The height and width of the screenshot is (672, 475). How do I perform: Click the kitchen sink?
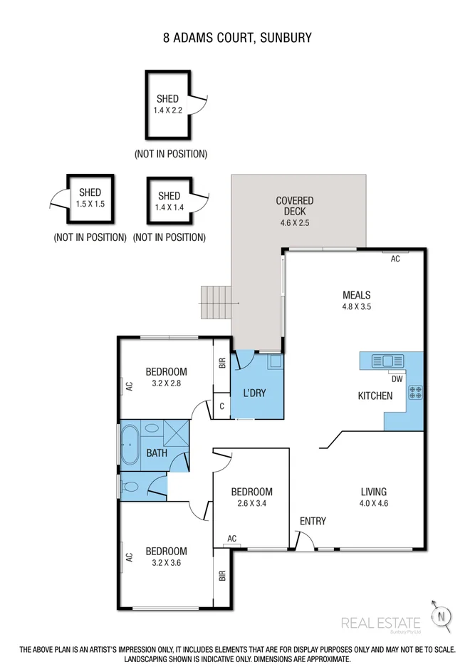(387, 361)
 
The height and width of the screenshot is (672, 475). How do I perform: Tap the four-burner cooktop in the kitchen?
(415, 393)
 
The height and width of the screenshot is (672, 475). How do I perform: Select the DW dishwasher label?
(397, 379)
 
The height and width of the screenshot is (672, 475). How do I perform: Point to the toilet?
(130, 487)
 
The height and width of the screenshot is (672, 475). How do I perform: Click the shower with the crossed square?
(176, 433)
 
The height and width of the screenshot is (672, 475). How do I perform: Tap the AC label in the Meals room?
(395, 259)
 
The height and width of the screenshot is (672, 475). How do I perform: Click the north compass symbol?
(442, 616)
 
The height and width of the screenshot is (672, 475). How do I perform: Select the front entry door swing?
(305, 539)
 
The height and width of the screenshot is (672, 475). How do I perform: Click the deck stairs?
(216, 303)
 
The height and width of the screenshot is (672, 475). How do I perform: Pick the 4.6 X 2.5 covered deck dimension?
(295, 223)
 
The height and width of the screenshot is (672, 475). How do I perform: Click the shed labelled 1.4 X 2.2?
(168, 105)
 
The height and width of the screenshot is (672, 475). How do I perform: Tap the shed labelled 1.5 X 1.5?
(90, 199)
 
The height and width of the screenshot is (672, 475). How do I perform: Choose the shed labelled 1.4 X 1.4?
(169, 200)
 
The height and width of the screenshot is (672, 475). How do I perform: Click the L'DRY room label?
(254, 393)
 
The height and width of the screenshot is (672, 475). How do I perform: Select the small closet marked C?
(222, 406)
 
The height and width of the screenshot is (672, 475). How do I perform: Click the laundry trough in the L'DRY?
(275, 362)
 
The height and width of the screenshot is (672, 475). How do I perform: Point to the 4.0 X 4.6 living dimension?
(374, 504)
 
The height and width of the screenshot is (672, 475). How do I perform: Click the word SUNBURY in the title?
(286, 38)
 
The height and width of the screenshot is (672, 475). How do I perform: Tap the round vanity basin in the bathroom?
(151, 428)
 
